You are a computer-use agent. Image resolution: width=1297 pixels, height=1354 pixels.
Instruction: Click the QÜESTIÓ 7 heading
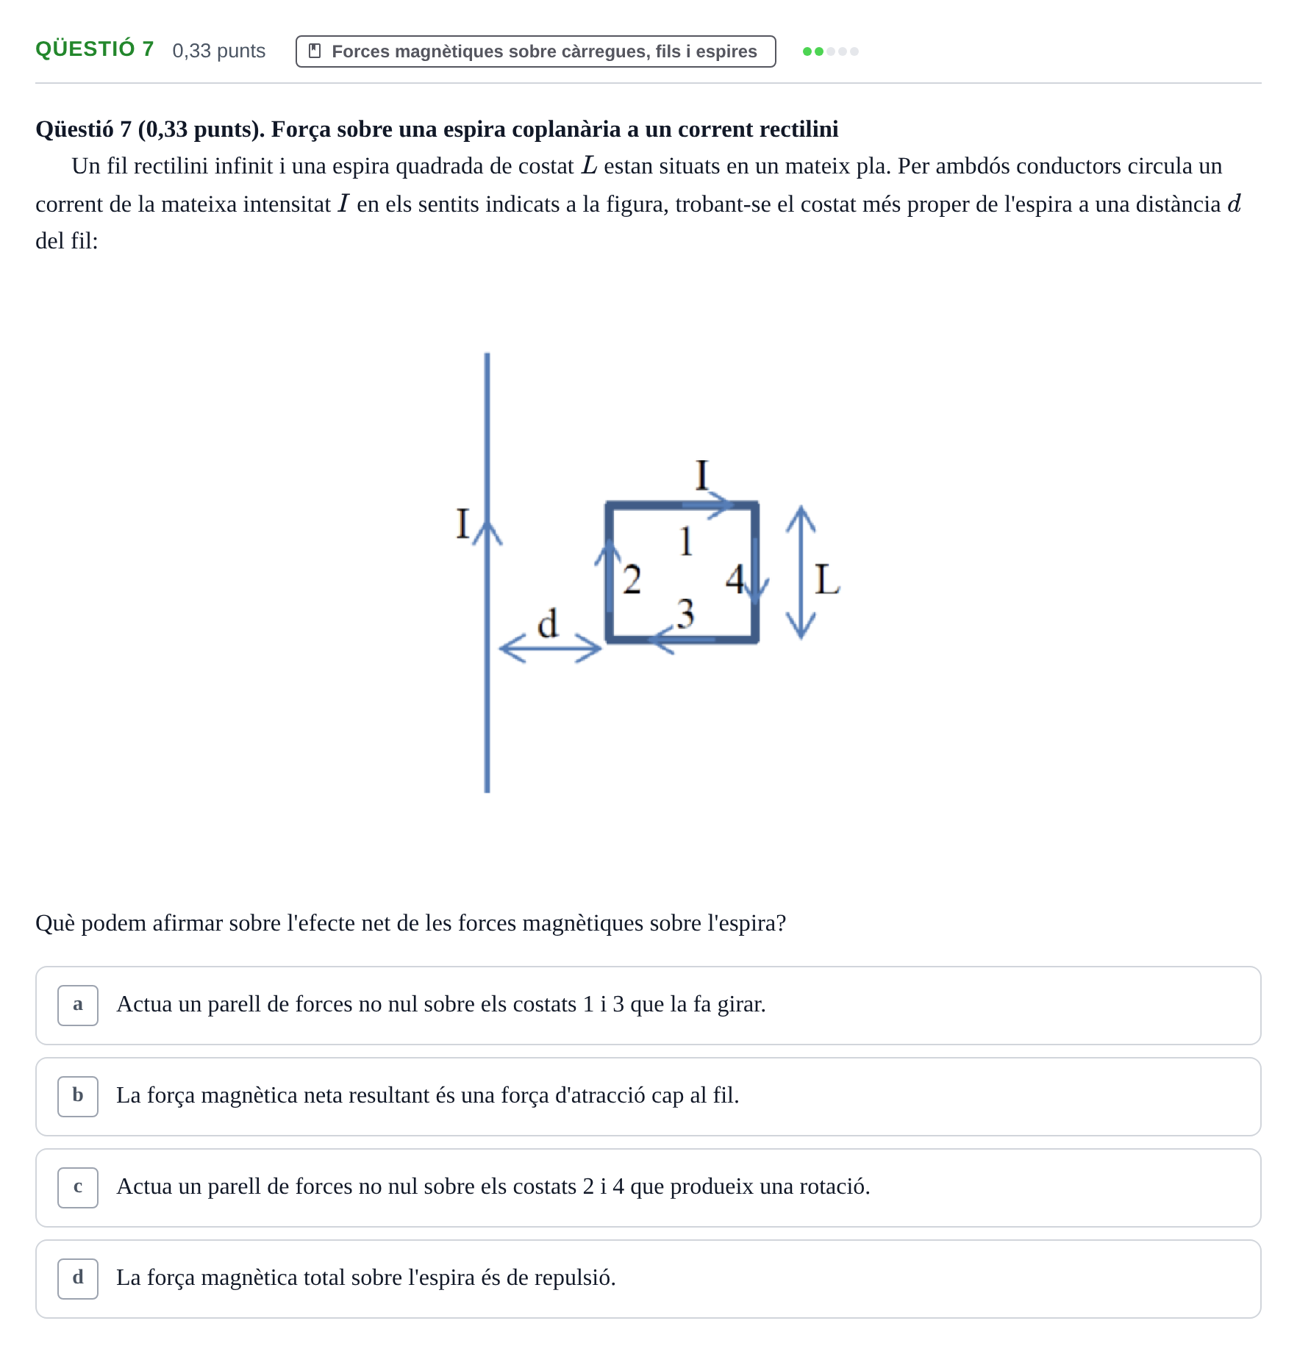(x=95, y=49)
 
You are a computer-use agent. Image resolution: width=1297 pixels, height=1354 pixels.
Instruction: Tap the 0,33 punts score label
(x=219, y=51)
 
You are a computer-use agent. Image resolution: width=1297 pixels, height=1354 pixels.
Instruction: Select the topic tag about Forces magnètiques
(x=535, y=51)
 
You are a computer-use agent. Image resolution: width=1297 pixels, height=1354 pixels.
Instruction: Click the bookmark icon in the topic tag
(x=315, y=51)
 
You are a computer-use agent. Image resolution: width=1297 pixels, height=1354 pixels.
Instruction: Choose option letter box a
(x=78, y=1005)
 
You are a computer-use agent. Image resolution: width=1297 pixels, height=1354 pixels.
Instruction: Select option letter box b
(x=78, y=1096)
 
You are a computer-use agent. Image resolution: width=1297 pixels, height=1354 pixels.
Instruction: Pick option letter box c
(x=78, y=1187)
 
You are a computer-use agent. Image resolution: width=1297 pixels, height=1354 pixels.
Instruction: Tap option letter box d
(x=78, y=1278)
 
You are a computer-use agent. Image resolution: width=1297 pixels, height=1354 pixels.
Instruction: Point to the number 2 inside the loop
(x=632, y=579)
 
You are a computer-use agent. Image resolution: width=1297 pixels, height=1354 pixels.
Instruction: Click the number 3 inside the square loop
(x=685, y=613)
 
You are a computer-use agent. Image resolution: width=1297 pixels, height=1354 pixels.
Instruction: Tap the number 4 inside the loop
(x=735, y=579)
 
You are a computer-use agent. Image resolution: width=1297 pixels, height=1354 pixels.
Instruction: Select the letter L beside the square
(x=827, y=579)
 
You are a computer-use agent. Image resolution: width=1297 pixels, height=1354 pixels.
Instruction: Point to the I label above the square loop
(x=701, y=475)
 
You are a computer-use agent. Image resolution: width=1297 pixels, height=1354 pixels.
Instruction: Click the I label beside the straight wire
(x=462, y=523)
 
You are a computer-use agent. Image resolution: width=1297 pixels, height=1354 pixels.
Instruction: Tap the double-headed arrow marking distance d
(x=550, y=648)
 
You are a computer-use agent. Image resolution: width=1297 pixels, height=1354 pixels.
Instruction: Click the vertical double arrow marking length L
(x=801, y=572)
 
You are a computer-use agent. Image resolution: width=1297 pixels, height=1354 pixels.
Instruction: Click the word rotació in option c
(x=832, y=1186)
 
